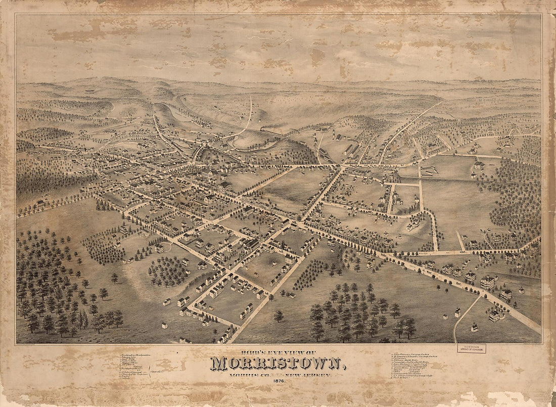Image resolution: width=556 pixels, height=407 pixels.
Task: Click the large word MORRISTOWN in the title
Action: [277, 364]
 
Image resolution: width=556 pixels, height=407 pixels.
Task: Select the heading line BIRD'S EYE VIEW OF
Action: [277, 352]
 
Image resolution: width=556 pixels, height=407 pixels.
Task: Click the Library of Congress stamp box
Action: [471, 348]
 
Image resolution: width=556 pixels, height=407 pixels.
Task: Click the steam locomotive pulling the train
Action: [264, 130]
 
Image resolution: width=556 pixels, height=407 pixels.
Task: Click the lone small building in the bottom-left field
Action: [164, 325]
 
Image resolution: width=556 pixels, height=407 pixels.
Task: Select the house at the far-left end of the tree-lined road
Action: [39, 204]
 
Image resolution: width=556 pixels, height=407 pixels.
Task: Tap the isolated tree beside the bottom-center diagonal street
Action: [279, 316]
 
